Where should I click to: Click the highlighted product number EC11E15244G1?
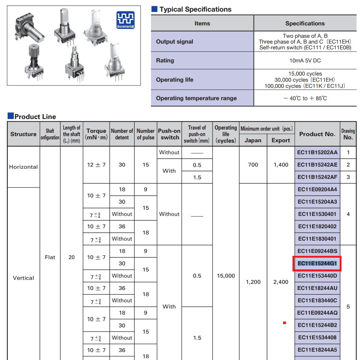tap(317, 263)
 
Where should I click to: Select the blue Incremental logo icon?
tap(126, 20)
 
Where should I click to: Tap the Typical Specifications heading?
tap(195, 9)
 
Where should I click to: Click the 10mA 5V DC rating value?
tap(305, 61)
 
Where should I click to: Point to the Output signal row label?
tap(175, 42)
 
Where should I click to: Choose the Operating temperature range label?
tap(196, 98)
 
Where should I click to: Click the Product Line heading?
tap(35, 116)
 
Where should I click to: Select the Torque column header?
tap(96, 134)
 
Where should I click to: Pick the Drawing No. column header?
tap(348, 134)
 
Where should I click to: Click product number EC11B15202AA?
tap(317, 152)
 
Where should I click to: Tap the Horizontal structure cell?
tap(24, 167)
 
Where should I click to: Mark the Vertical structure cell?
tap(24, 278)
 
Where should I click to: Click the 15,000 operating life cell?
tap(226, 276)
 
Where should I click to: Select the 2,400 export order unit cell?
tap(281, 282)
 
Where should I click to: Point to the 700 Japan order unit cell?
tap(253, 165)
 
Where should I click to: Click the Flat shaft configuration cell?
tap(50, 257)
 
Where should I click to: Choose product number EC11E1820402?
tap(317, 226)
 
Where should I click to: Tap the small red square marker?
tap(285, 323)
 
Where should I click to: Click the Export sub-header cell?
tap(281, 140)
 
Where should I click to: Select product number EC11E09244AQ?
tap(317, 313)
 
